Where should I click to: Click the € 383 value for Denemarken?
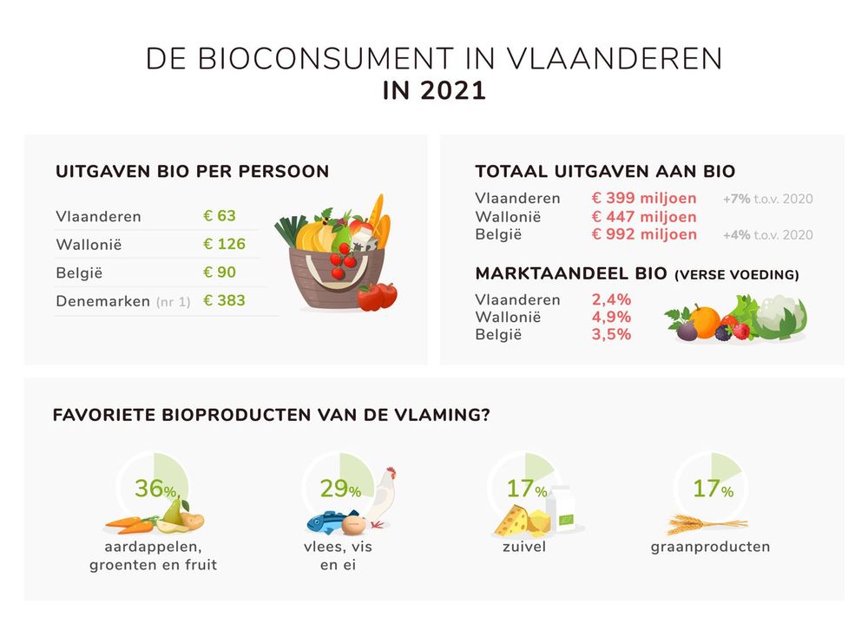pos(224,301)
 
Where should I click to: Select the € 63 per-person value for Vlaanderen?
pos(220,216)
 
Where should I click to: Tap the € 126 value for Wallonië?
pos(224,244)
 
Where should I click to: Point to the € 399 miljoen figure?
pos(644,199)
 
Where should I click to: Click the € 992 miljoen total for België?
pos(644,234)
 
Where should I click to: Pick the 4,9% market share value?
pos(611,317)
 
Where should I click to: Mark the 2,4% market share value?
pos(611,299)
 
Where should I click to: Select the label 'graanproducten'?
pos(710,547)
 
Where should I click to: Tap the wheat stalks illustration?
pos(705,523)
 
